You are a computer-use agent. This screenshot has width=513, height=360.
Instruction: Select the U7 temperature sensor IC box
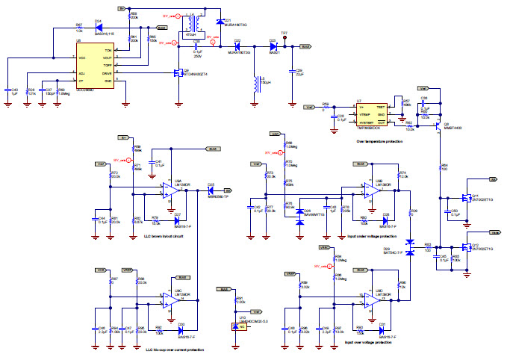[370, 114]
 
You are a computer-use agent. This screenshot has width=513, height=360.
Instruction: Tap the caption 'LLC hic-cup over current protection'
[164, 349]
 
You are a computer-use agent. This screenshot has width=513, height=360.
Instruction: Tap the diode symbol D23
[273, 46]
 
